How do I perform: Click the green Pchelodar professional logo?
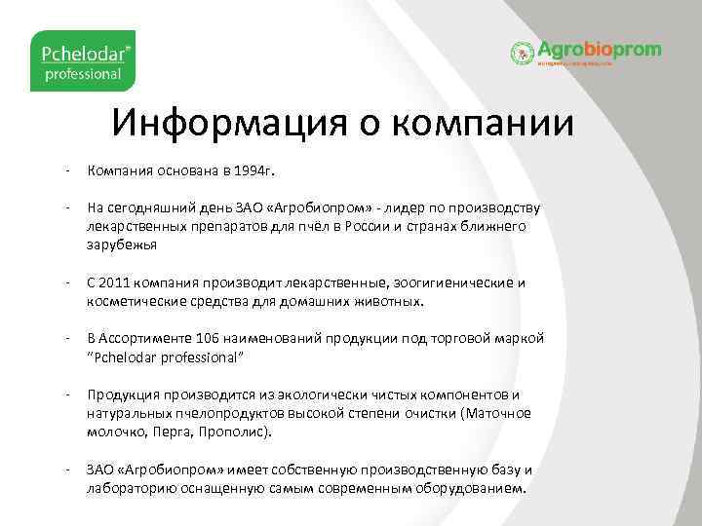pos(82,60)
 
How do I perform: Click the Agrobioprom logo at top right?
pos(585,52)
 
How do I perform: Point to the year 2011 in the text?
pos(114,282)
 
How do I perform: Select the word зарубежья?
pos(123,245)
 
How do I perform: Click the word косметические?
pos(132,301)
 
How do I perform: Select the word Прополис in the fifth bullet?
pos(240,431)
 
